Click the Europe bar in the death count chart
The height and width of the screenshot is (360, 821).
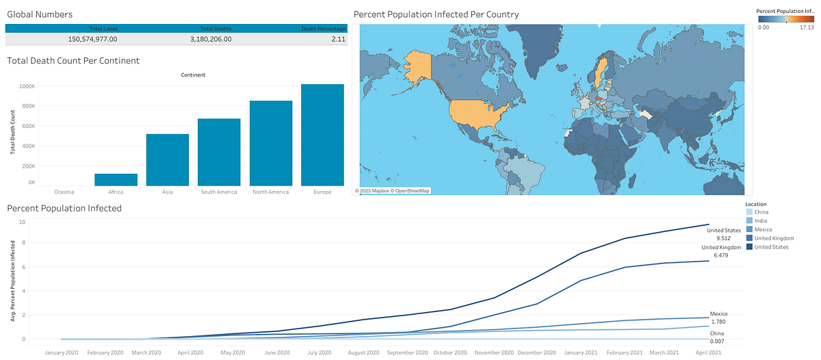[x=322, y=135]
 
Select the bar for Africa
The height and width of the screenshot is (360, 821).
[x=116, y=179]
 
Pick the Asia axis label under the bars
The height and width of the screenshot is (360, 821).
[x=168, y=192]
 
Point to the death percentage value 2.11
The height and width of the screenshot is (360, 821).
[x=337, y=39]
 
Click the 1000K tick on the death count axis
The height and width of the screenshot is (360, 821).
[x=27, y=86]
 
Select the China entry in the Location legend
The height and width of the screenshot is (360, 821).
[x=761, y=212]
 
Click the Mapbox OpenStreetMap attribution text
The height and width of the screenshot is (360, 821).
[x=393, y=190]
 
